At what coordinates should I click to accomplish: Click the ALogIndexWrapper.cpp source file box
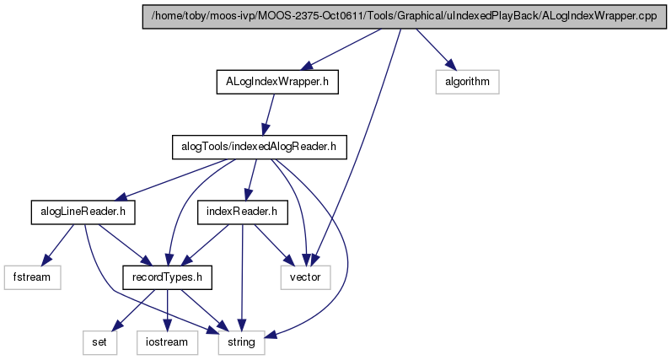coord(405,17)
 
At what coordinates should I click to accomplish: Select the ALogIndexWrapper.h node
coord(277,82)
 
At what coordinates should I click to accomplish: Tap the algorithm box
coord(467,82)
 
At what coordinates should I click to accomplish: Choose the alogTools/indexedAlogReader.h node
coord(260,147)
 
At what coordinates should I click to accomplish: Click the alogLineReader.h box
coord(83,212)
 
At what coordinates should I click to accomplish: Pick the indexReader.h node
coord(242,212)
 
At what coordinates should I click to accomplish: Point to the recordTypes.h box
coord(167,277)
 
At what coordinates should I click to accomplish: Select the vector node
coord(305,277)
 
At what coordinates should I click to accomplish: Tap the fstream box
coord(32,277)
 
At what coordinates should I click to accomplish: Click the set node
coord(99,342)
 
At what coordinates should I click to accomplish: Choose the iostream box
coord(167,342)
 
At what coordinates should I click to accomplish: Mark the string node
coord(241,342)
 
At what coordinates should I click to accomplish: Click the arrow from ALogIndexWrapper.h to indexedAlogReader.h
coord(269,115)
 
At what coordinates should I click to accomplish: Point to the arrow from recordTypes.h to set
coord(135,310)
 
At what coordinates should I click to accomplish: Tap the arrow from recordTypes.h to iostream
coord(167,310)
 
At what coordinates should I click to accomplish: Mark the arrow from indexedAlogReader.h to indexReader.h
coord(250,180)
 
